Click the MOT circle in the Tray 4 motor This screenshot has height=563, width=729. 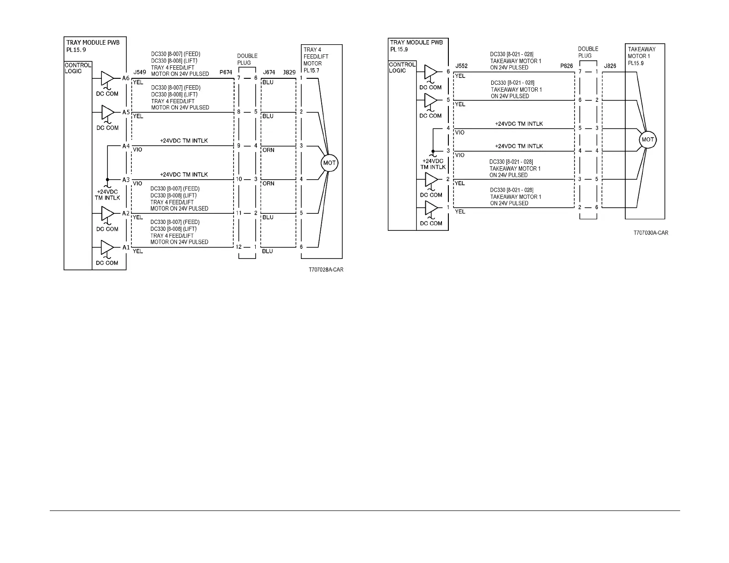[329, 163]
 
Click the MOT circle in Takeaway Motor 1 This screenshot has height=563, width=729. [648, 140]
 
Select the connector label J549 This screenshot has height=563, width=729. [140, 72]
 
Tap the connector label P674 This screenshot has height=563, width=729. [226, 72]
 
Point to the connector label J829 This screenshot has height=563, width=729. [289, 72]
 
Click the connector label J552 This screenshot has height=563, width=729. [461, 66]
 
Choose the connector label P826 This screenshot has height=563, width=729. [566, 66]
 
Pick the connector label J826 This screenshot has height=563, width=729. [610, 66]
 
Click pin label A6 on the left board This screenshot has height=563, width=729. [126, 78]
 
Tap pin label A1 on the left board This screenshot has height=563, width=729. [126, 247]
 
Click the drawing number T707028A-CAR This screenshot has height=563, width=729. [326, 270]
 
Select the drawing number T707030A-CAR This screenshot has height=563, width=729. [650, 233]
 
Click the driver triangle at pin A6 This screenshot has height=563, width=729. [107, 78]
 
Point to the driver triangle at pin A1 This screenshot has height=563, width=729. [107, 247]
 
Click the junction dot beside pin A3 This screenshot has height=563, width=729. [107, 180]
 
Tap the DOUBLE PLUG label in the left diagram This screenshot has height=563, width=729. [247, 59]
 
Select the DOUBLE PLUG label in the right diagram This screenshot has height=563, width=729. [588, 52]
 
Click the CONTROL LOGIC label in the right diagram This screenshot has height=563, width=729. [401, 67]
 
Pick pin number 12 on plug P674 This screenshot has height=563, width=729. [239, 247]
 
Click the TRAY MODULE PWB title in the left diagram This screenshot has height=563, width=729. [93, 42]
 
